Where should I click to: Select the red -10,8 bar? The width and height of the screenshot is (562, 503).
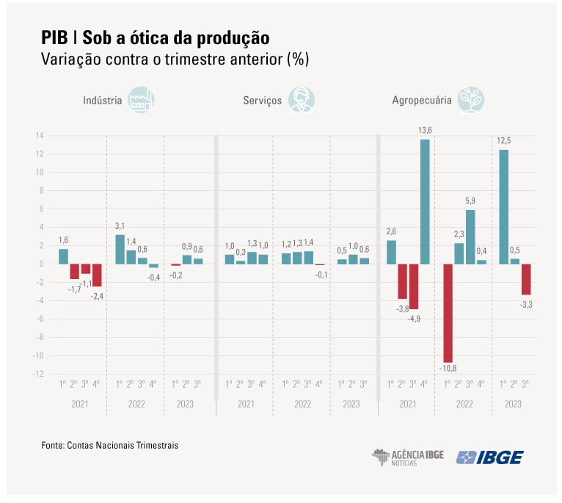(448, 313)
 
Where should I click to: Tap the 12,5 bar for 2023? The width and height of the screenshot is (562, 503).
(503, 206)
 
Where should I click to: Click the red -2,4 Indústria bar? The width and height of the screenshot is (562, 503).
(97, 275)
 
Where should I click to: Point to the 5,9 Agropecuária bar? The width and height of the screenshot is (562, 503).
(470, 236)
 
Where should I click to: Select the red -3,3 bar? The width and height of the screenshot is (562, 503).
(526, 279)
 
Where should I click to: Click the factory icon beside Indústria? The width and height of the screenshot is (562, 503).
(141, 100)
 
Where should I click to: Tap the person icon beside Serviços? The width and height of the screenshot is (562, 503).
(300, 100)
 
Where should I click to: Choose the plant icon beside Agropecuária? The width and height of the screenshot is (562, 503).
(470, 100)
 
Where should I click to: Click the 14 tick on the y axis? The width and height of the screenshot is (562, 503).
(39, 136)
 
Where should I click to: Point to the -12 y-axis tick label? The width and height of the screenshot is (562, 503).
(37, 374)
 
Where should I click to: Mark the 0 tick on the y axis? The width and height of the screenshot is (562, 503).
(41, 264)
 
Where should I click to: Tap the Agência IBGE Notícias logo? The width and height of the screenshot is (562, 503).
(408, 457)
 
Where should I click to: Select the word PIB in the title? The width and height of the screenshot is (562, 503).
(54, 37)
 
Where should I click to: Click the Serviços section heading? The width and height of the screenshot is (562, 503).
(262, 101)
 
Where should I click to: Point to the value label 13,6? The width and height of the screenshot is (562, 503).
(425, 130)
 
